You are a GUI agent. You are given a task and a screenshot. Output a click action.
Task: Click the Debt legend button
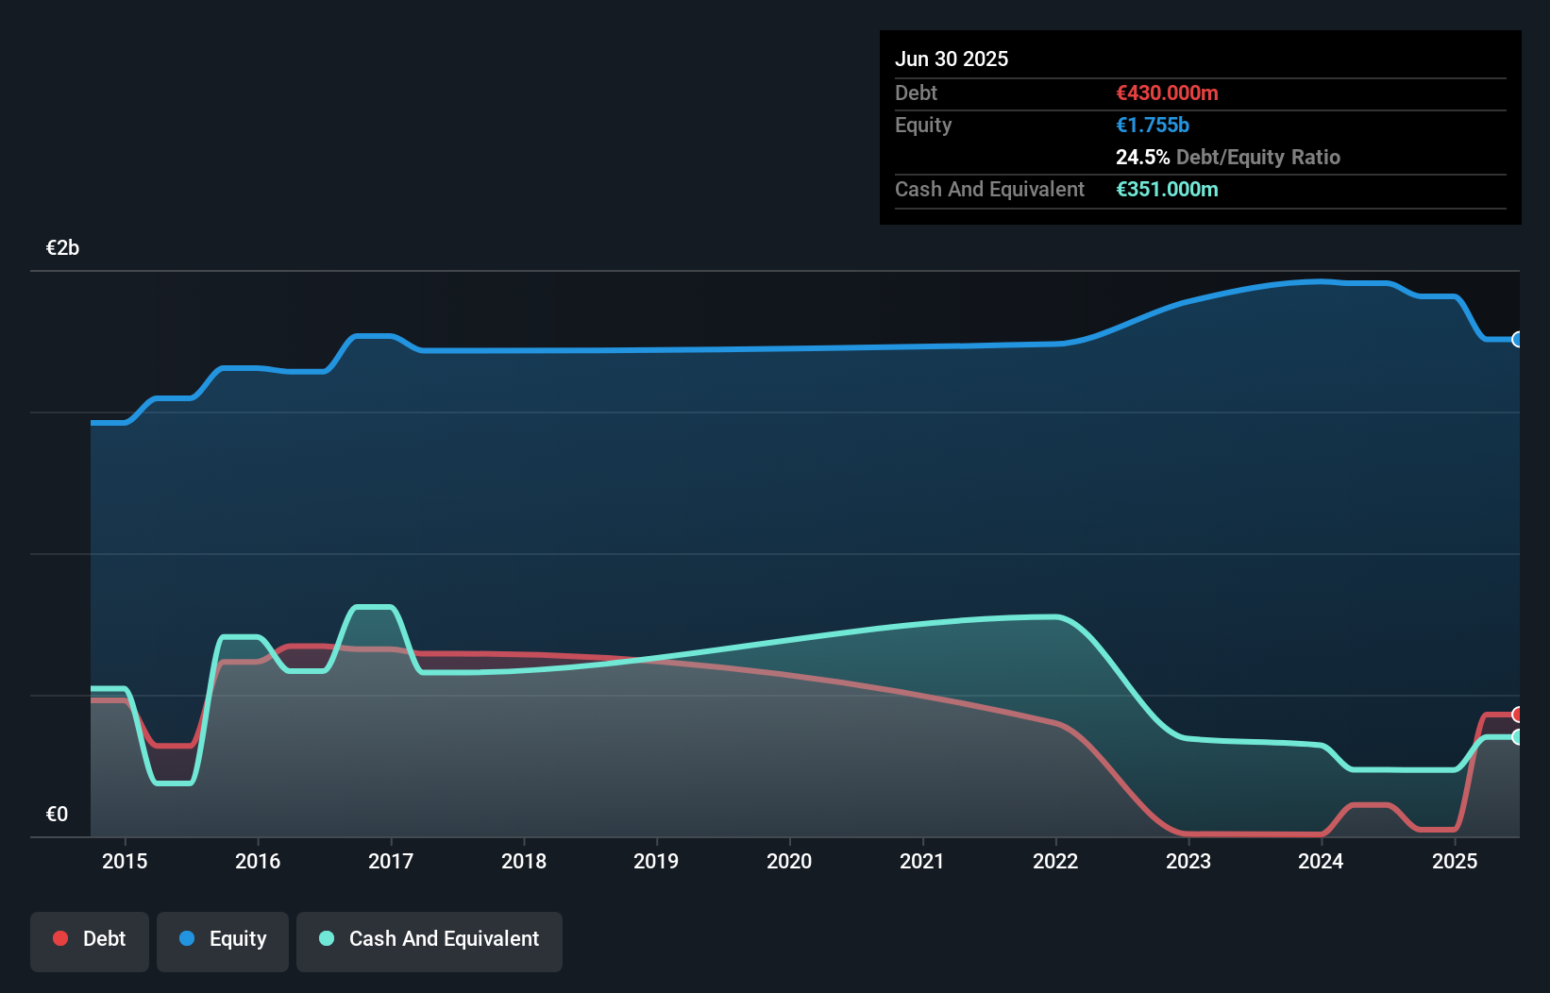click(x=90, y=939)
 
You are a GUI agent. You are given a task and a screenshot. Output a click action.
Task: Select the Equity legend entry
click(x=223, y=939)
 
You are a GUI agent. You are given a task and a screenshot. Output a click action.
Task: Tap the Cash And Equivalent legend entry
click(x=430, y=939)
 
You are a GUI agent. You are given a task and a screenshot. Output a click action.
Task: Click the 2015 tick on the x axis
click(x=125, y=861)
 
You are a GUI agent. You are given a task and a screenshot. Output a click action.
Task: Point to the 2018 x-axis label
click(x=524, y=861)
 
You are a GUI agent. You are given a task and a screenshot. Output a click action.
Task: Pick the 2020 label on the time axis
click(x=789, y=861)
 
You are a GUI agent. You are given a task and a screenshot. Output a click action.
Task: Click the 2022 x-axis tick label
click(x=1055, y=861)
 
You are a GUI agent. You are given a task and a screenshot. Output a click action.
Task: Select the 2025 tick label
click(x=1455, y=861)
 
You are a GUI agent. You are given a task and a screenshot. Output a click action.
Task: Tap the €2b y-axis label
click(x=62, y=248)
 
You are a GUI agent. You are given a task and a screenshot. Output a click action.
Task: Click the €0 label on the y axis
click(x=57, y=815)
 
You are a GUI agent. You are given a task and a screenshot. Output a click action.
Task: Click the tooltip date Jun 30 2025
click(x=952, y=59)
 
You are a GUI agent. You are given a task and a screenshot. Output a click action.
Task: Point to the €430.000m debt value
click(x=1167, y=93)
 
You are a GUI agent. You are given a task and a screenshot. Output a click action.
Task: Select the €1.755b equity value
click(x=1153, y=125)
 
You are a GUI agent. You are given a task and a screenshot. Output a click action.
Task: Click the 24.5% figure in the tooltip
click(x=1142, y=157)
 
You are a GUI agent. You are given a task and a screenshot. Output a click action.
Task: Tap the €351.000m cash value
click(x=1167, y=189)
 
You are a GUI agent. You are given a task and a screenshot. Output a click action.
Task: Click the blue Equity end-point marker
click(x=1517, y=340)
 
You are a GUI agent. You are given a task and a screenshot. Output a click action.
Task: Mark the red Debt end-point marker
click(x=1517, y=715)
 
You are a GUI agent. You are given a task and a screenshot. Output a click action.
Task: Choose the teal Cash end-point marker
click(x=1517, y=737)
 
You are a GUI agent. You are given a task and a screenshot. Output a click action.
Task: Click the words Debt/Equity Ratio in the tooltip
click(x=1258, y=157)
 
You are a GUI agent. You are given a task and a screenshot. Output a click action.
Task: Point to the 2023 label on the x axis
click(x=1188, y=861)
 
